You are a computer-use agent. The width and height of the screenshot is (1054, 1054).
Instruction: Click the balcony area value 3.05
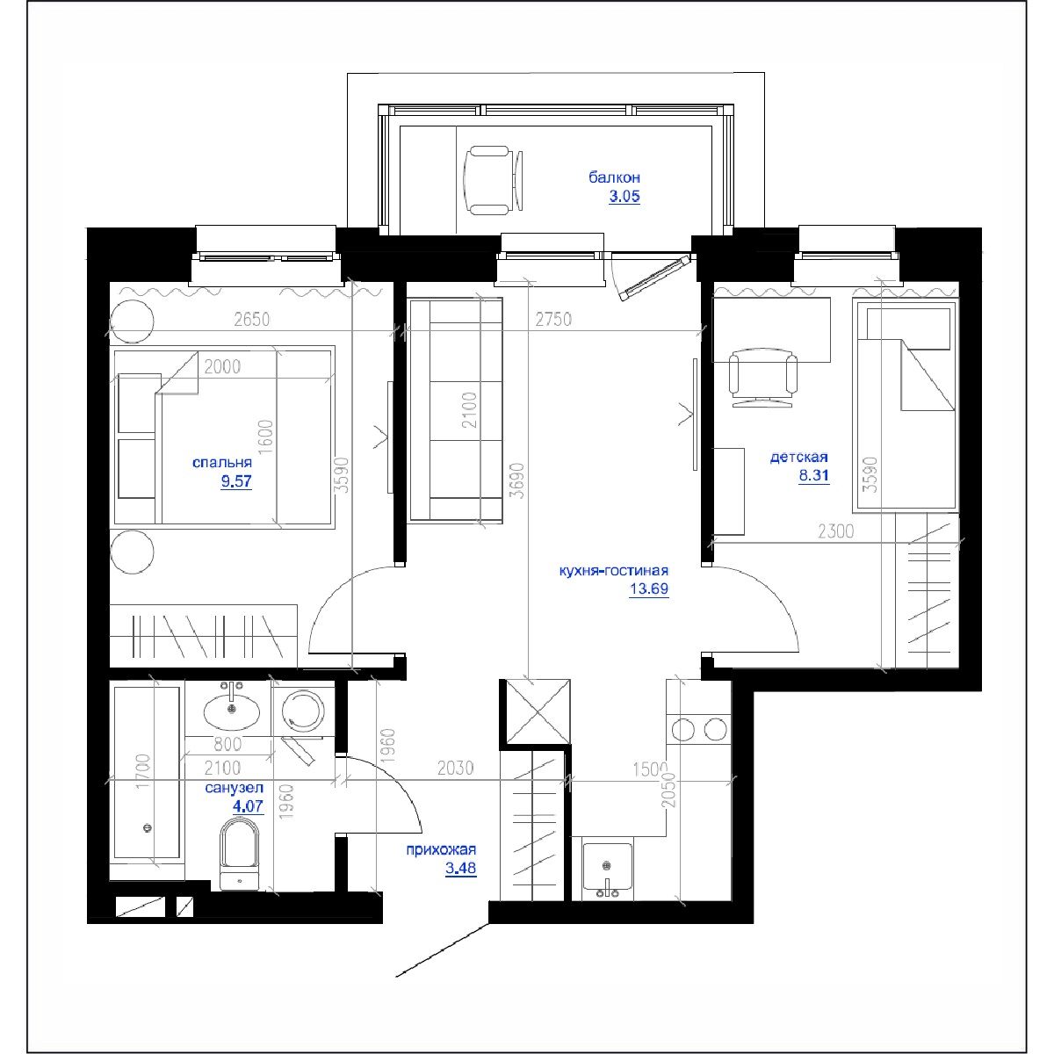click(x=624, y=198)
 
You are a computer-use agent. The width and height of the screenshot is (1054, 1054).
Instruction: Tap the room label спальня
click(x=222, y=463)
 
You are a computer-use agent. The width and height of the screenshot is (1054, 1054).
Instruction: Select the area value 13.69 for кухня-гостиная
click(x=649, y=589)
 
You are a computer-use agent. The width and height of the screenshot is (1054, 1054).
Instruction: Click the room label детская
click(x=798, y=458)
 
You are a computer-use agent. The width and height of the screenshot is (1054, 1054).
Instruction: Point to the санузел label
click(x=234, y=789)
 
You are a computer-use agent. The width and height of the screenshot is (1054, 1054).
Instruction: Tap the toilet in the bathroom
click(x=240, y=852)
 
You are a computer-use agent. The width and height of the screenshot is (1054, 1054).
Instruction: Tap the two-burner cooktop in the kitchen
click(x=699, y=729)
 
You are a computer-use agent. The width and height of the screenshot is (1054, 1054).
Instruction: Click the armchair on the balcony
click(x=495, y=179)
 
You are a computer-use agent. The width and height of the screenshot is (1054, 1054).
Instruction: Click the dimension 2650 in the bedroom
click(x=252, y=321)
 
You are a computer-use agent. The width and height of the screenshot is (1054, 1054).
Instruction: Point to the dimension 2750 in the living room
click(x=553, y=321)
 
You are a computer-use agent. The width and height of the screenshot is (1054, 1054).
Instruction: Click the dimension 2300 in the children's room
click(x=834, y=531)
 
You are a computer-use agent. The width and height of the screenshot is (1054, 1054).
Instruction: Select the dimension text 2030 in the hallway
click(x=455, y=769)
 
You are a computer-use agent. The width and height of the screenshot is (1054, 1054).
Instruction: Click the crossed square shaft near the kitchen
click(x=536, y=712)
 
